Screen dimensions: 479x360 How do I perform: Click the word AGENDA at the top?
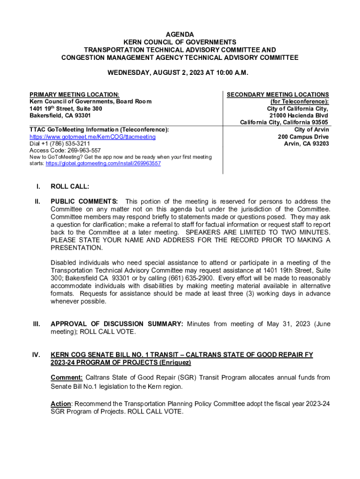click(x=180, y=35)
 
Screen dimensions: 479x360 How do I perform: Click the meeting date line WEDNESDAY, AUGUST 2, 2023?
click(x=180, y=73)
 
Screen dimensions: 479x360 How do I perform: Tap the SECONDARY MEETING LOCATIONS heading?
click(x=278, y=94)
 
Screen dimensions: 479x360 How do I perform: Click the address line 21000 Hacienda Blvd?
click(x=298, y=116)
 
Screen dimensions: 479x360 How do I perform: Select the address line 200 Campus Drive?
click(x=303, y=137)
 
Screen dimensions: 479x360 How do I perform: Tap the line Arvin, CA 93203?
click(x=306, y=144)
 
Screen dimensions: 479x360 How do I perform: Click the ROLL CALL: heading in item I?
click(x=70, y=187)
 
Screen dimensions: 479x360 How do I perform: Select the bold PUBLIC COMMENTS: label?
click(x=84, y=202)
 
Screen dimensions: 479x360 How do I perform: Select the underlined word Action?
click(x=61, y=404)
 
